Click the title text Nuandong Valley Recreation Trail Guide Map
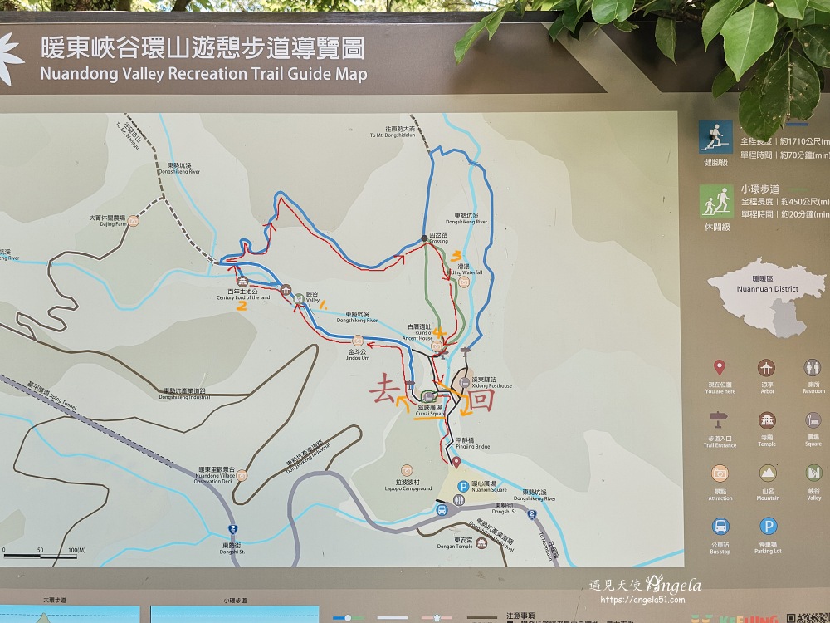click(x=204, y=74)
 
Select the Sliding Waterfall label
click(x=465, y=272)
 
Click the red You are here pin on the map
click(x=456, y=462)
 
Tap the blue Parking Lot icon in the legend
click(x=768, y=527)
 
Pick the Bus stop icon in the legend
click(x=720, y=527)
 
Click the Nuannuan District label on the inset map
click(x=767, y=289)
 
